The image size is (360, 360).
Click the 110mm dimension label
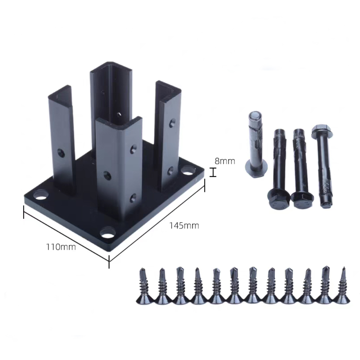point(61,247)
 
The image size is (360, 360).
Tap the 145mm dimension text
point(184,226)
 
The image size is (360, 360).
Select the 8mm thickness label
point(225,161)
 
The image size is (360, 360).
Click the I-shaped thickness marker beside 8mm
point(213,172)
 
